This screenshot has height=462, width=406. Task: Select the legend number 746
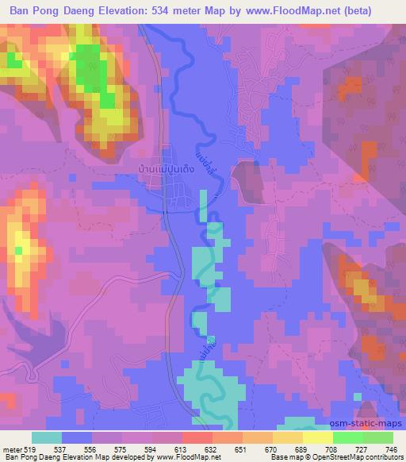(x=393, y=449)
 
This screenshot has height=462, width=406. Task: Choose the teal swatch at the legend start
(x=47, y=437)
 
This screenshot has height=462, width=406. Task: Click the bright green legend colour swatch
(x=348, y=437)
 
